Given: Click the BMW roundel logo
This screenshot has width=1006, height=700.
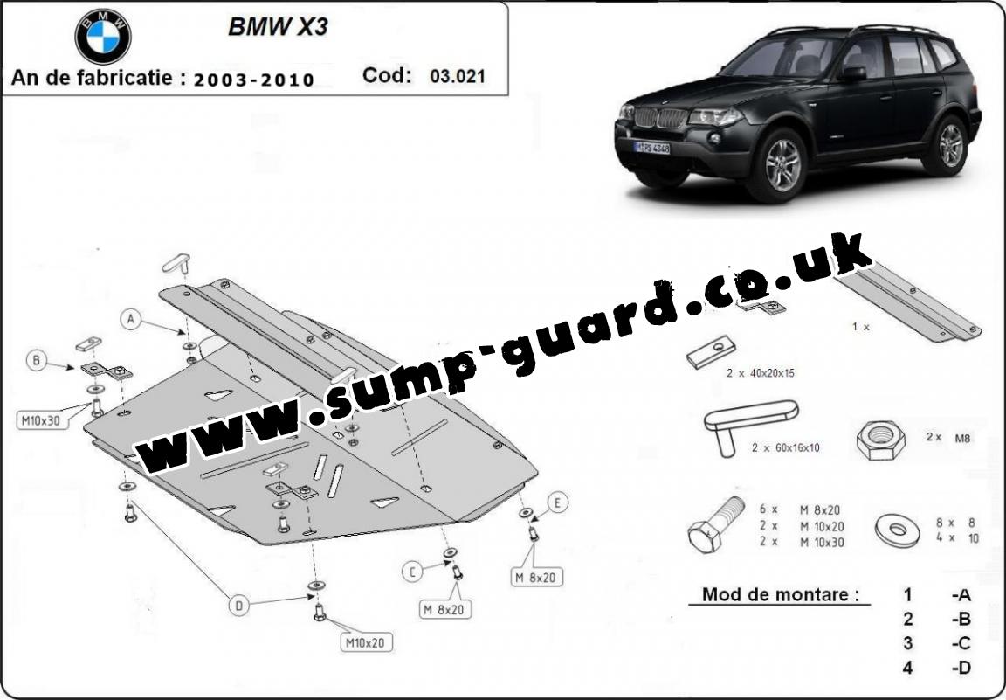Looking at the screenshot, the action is (103, 37).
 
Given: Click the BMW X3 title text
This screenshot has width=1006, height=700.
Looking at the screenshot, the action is (278, 27).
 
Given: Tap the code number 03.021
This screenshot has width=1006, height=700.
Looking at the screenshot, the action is (457, 76).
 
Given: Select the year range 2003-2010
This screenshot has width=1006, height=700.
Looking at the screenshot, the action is (254, 80).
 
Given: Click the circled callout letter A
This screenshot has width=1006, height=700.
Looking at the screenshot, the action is (132, 318).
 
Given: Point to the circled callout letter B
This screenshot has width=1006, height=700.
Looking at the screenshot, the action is (36, 361).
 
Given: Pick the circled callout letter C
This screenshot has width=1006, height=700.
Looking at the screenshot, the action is (412, 572).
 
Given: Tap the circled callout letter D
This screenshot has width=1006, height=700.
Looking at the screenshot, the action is (238, 605).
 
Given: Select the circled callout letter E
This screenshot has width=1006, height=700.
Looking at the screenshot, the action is (557, 502).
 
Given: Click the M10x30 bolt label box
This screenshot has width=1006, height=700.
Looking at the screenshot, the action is (40, 421).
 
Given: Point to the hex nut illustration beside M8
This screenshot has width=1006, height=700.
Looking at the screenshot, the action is (881, 440).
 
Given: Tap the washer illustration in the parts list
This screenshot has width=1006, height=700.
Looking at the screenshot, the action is (898, 530).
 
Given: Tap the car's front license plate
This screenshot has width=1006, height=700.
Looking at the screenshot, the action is (651, 148).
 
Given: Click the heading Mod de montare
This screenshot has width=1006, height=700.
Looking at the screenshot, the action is (780, 594).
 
